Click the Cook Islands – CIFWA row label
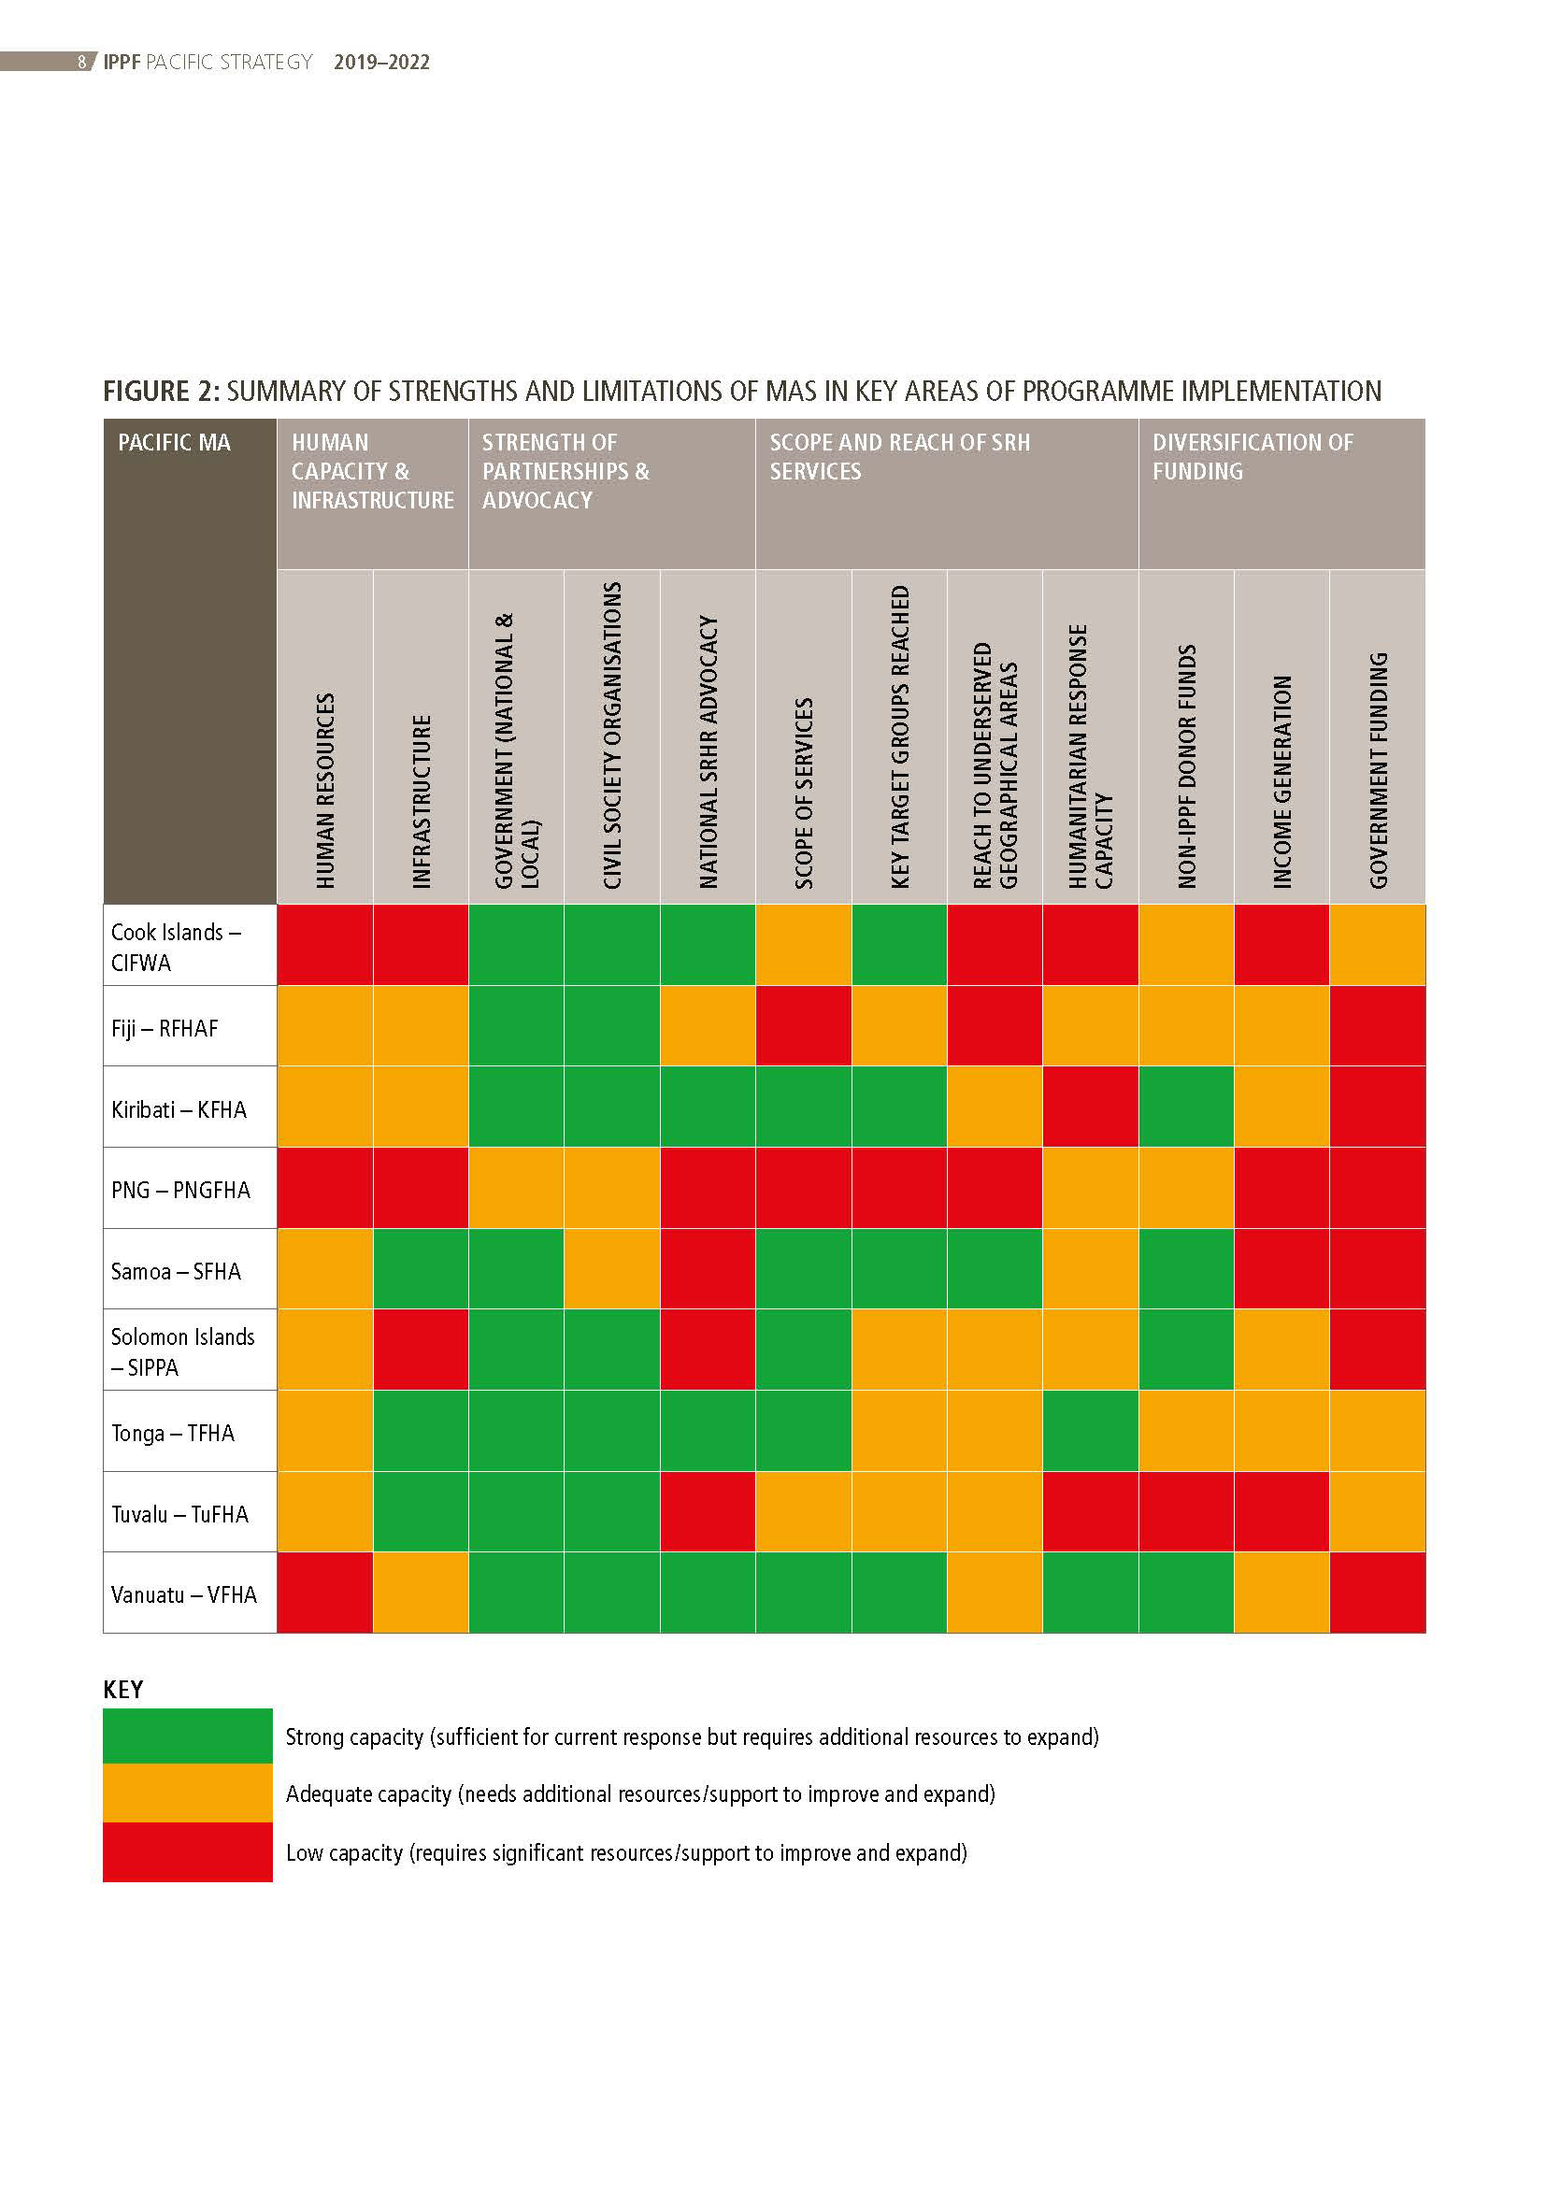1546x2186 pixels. [x=176, y=947]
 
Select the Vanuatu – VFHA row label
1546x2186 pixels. [x=184, y=1594]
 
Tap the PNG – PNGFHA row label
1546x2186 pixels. [x=181, y=1190]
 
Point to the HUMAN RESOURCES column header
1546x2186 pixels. [x=325, y=791]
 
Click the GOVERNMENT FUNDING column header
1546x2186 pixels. [x=1379, y=769]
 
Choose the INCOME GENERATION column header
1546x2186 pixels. [x=1282, y=780]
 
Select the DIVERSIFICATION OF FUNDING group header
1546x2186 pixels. [x=1252, y=457]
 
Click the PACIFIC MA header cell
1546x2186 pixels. [x=174, y=443]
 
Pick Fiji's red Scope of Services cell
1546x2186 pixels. [x=804, y=1026]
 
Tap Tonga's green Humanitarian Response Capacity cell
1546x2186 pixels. [x=1091, y=1431]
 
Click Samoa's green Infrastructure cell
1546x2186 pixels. [x=421, y=1269]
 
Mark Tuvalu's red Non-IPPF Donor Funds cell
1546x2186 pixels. [x=1186, y=1512]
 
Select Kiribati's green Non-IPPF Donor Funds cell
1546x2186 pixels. [x=1186, y=1107]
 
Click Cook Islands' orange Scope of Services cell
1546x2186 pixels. [x=804, y=945]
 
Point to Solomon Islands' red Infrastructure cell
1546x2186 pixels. [x=421, y=1350]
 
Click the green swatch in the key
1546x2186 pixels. [x=188, y=1736]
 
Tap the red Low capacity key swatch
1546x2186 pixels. [x=188, y=1851]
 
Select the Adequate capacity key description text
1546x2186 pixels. [x=639, y=1794]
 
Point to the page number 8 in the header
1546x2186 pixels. [x=82, y=62]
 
